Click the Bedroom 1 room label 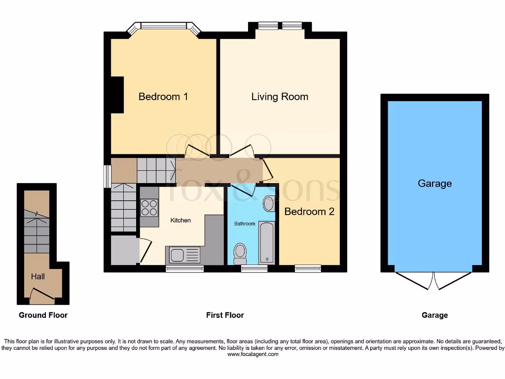click(163, 97)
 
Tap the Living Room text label click(280, 97)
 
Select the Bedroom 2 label click(309, 212)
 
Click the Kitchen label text click(180, 220)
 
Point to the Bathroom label click(245, 224)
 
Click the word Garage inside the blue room click(434, 184)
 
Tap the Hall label click(38, 276)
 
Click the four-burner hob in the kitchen click(149, 207)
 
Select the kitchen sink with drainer click(185, 255)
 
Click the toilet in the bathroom click(240, 253)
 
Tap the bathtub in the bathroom click(267, 242)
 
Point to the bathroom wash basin click(269, 203)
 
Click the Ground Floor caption click(43, 315)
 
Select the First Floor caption click(225, 315)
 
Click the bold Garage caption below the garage click(434, 315)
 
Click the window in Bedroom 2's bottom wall click(308, 268)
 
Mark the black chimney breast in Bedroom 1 click(117, 95)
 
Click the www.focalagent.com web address click(252, 354)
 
